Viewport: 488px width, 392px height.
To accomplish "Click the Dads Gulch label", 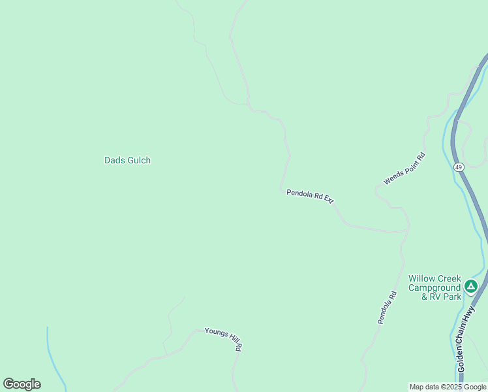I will coord(127,160).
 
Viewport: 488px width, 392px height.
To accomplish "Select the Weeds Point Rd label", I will coord(404,168).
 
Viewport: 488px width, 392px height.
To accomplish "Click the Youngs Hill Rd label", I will coord(224,339).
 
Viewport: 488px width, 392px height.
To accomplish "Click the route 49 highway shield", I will coord(459,167).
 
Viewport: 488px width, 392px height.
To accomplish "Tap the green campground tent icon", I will coord(471,286).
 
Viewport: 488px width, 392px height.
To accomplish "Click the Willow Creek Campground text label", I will coord(435,287).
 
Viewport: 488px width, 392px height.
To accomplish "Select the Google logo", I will coord(22,384).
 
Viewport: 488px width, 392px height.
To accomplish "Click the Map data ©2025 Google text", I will coord(448,387).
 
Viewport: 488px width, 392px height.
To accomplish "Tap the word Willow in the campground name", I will coord(421,278).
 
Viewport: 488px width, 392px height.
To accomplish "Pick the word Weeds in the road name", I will coord(392,178).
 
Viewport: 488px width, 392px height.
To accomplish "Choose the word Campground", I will coord(435,287).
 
